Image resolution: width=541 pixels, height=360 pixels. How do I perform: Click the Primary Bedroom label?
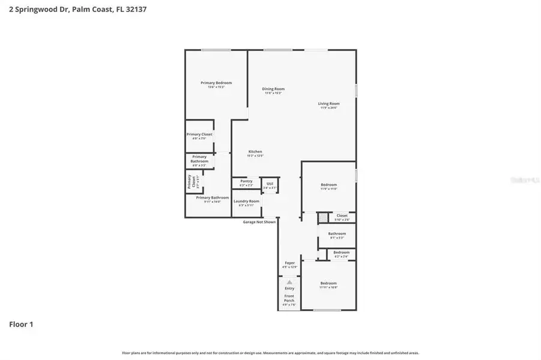pos(216,83)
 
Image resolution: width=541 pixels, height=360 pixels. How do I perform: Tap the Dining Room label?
pos(273,89)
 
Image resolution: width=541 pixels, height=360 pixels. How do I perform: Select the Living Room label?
pos(328,104)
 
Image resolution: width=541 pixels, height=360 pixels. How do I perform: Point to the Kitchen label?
pos(255,152)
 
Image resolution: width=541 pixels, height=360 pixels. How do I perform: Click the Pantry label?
pos(246,181)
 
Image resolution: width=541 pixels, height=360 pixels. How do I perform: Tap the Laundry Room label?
pos(246,201)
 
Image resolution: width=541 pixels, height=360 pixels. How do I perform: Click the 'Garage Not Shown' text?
pos(259,221)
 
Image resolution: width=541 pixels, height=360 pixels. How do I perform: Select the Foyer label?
pos(290,263)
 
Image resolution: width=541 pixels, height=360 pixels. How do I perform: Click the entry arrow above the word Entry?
pos(289,281)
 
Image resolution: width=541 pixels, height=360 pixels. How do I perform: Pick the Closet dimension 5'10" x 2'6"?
pos(342,220)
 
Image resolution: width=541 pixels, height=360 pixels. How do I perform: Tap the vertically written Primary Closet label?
pos(190,181)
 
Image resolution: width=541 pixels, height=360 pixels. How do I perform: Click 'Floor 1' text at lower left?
pos(21,325)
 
